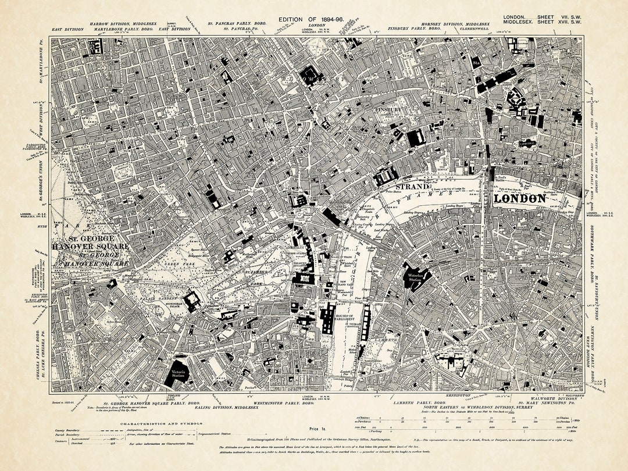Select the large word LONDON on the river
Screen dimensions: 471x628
(x=519, y=198)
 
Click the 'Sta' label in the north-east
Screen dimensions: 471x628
(x=476, y=60)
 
